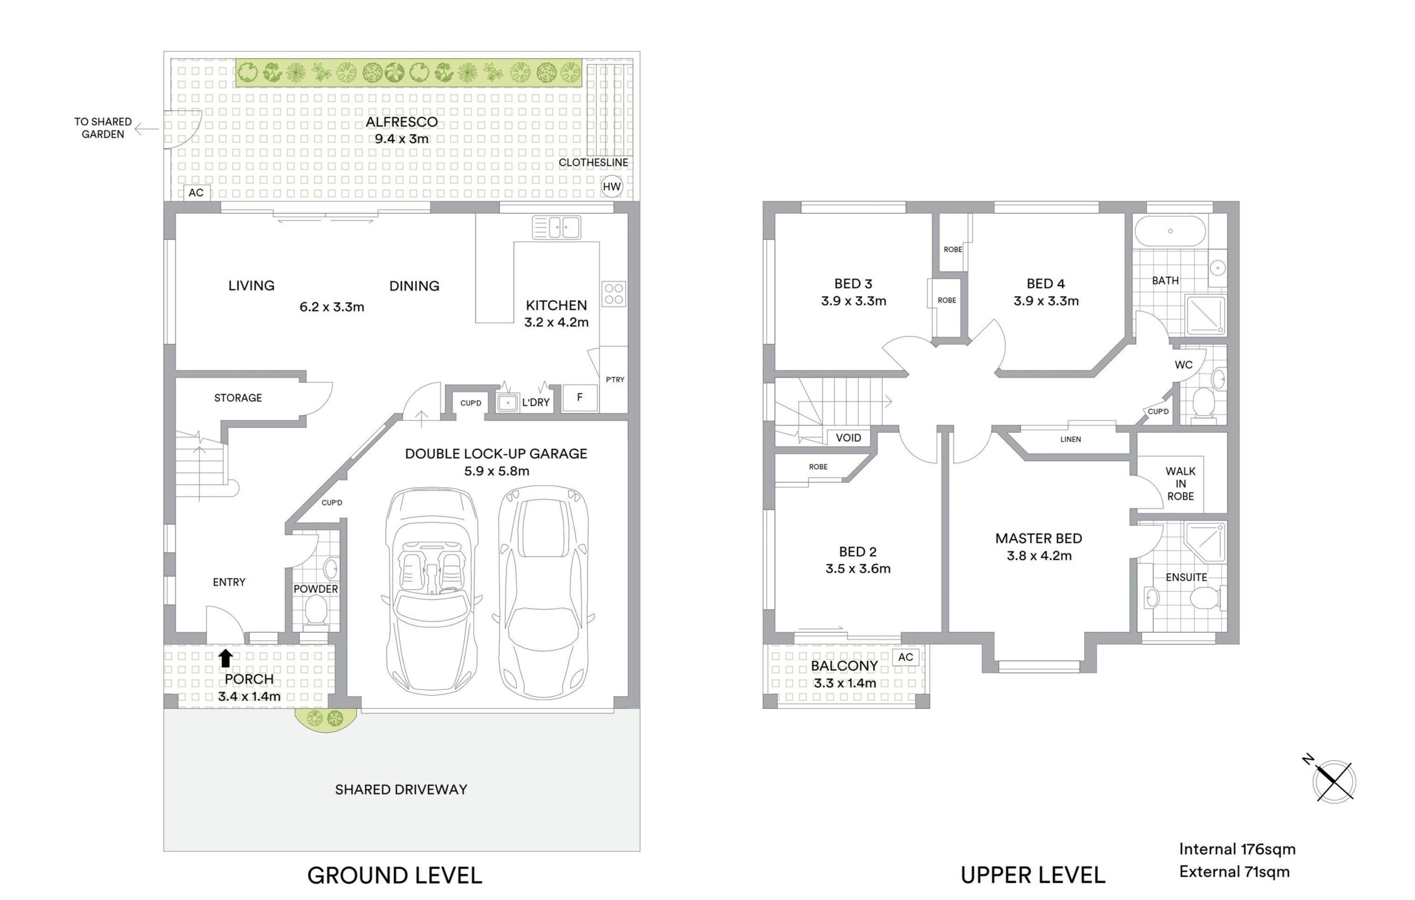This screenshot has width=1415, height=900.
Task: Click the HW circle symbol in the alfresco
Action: click(612, 187)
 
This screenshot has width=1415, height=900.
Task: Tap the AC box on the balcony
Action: click(905, 657)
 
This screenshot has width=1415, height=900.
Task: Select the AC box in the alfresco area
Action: click(196, 193)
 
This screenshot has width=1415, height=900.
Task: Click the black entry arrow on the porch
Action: click(226, 658)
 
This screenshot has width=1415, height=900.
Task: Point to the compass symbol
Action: click(1334, 780)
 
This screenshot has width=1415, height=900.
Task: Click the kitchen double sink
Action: click(557, 228)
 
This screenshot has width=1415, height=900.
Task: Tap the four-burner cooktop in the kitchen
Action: click(614, 294)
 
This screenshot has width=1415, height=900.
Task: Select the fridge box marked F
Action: click(580, 398)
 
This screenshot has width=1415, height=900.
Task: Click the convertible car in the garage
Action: click(432, 591)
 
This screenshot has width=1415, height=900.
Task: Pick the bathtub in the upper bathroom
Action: click(1170, 231)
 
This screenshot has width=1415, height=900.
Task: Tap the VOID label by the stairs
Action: click(848, 438)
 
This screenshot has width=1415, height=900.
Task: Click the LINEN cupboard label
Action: click(1071, 439)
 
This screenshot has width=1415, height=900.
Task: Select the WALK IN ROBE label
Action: click(1181, 483)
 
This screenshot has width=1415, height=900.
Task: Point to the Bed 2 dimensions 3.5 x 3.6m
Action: click(858, 569)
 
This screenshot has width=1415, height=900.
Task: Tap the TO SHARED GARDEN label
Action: click(103, 128)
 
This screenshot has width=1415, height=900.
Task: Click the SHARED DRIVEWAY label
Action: click(401, 790)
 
